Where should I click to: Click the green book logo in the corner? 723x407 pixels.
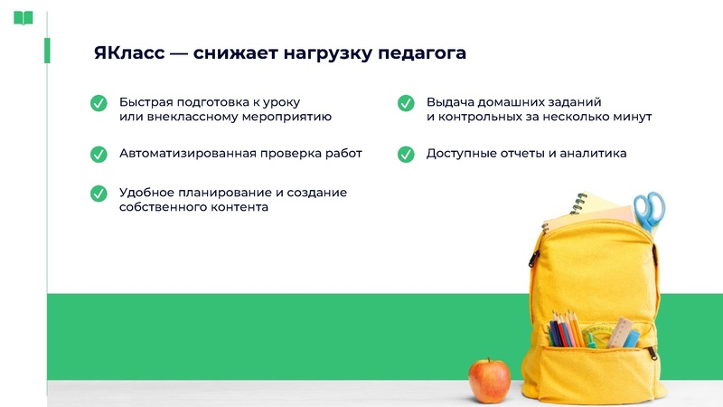[23, 18]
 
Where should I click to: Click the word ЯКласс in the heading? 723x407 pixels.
[130, 53]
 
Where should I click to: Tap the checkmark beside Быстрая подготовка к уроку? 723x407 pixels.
[99, 103]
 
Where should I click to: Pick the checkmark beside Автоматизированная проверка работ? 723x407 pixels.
[99, 154]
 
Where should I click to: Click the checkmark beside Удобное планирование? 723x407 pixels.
[99, 194]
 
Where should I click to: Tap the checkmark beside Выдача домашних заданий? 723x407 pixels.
[406, 103]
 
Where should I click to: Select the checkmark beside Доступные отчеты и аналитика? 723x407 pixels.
[406, 154]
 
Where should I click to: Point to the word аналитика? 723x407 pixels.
[593, 154]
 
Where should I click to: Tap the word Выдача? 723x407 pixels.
[449, 102]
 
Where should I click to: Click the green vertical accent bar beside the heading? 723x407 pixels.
[47, 52]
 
